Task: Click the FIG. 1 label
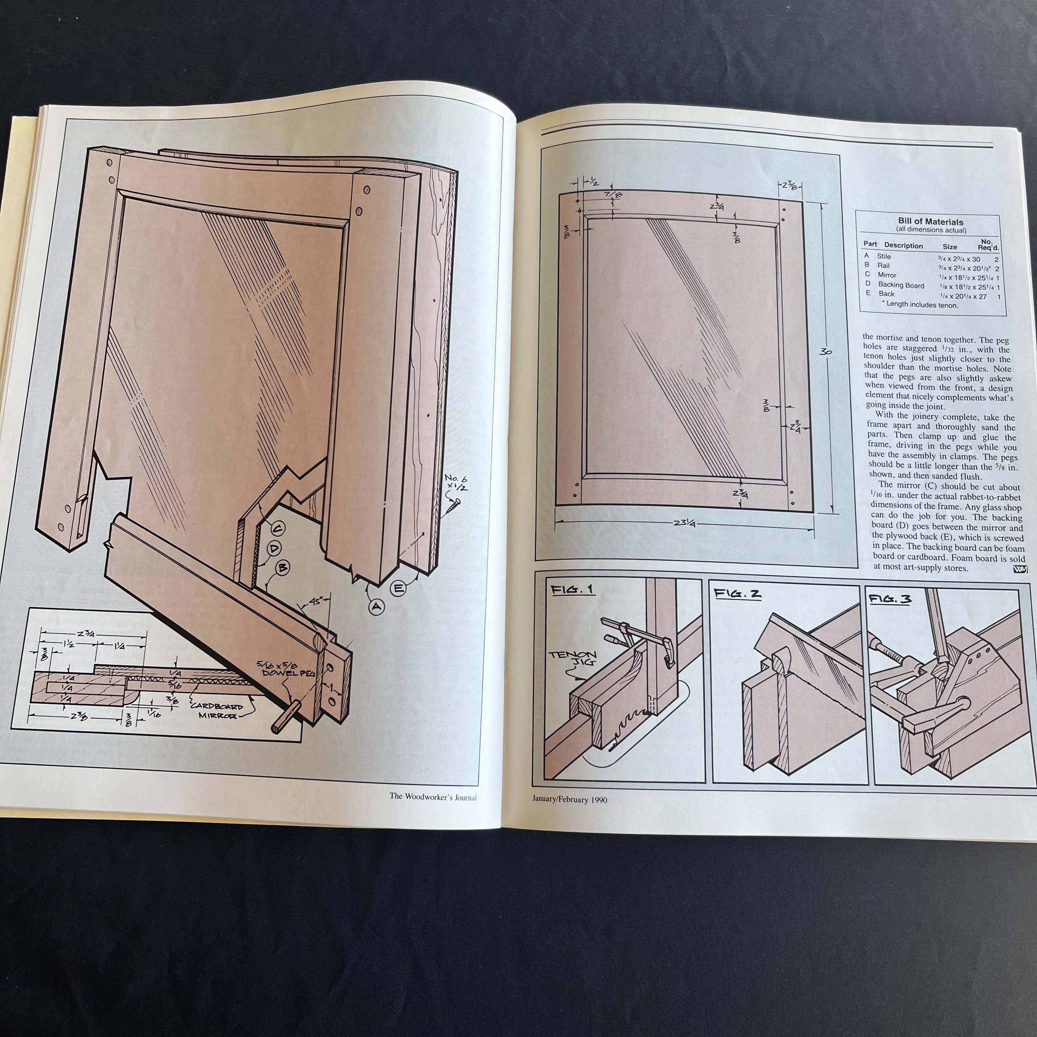click(x=572, y=589)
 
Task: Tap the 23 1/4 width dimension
click(x=684, y=523)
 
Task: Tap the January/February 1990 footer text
click(x=570, y=799)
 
